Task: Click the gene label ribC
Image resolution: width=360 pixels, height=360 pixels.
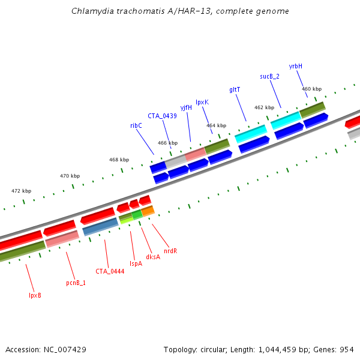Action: [136, 125]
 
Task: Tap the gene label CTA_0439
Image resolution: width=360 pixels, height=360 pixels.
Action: [162, 116]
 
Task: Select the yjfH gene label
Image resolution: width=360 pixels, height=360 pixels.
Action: [186, 107]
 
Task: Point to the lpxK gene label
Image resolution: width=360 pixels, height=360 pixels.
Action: [202, 102]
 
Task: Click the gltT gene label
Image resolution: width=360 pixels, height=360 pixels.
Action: [235, 89]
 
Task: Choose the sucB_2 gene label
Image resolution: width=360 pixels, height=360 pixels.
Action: [269, 76]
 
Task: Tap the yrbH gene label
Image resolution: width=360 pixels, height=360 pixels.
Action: [296, 66]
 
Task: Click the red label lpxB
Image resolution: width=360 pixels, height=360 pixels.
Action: [35, 295]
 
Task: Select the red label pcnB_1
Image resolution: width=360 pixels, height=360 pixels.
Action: [76, 282]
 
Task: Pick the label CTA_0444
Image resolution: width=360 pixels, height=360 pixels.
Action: [110, 271]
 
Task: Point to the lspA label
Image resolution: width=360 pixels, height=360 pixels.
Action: [136, 263]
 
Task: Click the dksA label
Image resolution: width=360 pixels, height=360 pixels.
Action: [153, 257]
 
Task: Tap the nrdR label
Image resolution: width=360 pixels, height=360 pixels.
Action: [170, 250]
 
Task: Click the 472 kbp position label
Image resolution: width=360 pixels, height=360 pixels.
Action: [21, 191]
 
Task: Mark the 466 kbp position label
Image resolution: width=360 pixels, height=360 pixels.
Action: [167, 143]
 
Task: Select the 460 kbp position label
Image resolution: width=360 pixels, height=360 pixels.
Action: [311, 89]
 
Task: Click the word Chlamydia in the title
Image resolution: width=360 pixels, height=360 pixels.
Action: [89, 11]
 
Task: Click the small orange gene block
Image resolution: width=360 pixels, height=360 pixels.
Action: [148, 211]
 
